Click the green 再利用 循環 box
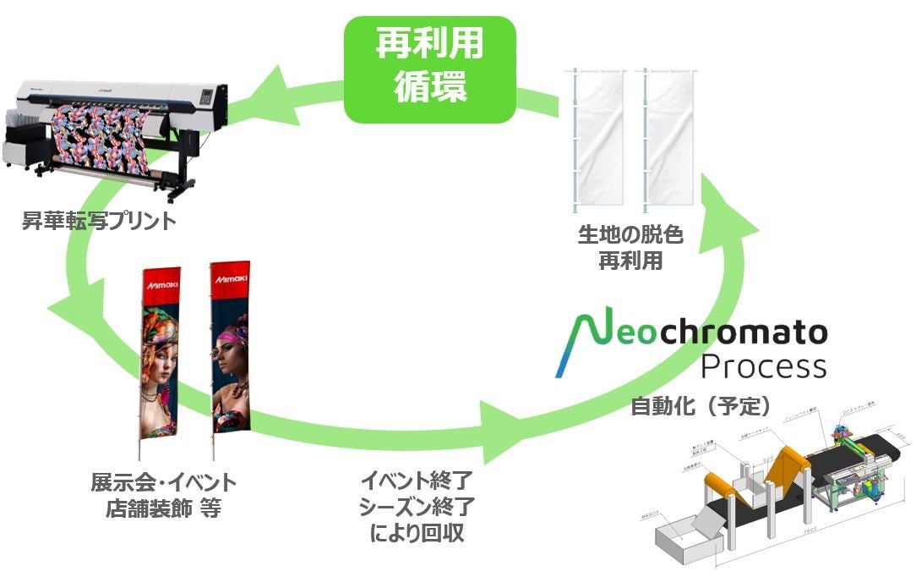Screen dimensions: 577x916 (x=429, y=69)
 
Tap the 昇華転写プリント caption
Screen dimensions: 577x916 (x=99, y=223)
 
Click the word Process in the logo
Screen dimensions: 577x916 (x=763, y=365)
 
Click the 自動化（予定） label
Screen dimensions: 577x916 (x=701, y=407)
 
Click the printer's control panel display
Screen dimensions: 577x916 (x=205, y=96)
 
